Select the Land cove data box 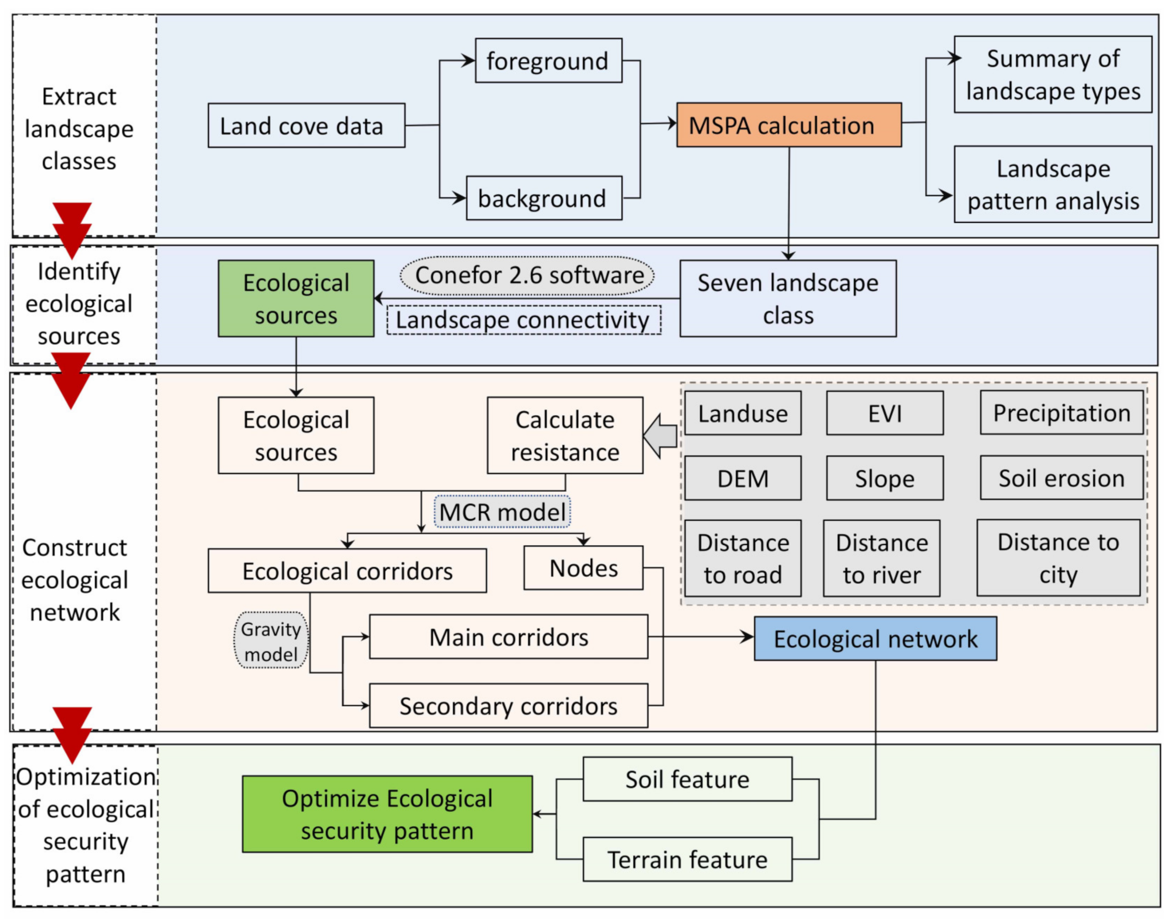click(306, 125)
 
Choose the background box click(544, 198)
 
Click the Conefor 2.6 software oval click(527, 276)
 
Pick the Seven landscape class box click(787, 298)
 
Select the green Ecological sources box click(296, 298)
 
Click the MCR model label click(502, 512)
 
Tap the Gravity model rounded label click(271, 641)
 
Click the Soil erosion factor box click(1061, 478)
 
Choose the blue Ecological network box click(875, 639)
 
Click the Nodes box click(583, 567)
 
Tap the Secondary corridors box click(508, 706)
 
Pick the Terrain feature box click(687, 859)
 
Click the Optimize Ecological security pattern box click(387, 814)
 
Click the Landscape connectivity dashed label click(523, 320)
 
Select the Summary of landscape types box click(1052, 74)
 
